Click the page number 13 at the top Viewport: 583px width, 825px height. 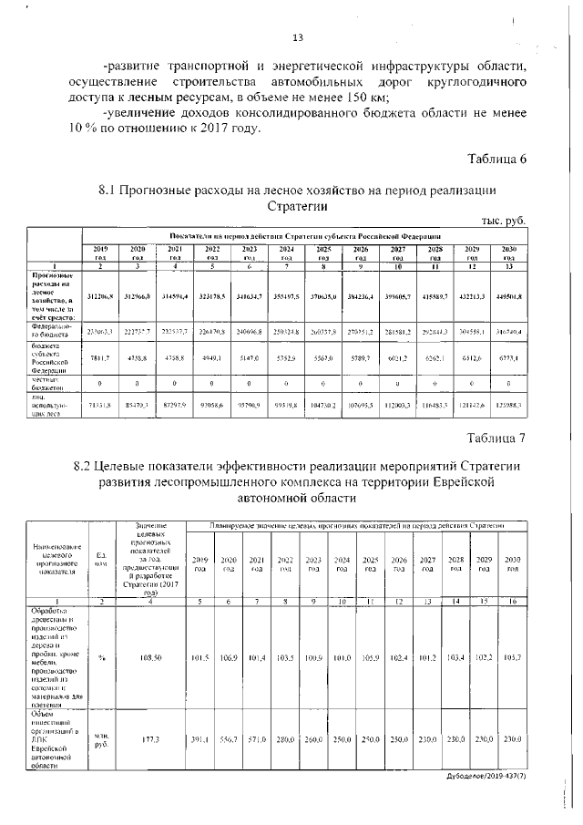[297, 38]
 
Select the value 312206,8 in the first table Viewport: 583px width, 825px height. [100, 297]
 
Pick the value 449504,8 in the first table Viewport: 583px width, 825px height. [509, 297]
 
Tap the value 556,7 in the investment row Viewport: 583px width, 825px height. [229, 739]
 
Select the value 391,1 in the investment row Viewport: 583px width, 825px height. [200, 739]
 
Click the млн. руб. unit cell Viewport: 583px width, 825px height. [101, 739]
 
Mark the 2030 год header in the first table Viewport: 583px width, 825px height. [509, 253]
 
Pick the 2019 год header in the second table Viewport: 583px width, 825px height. [200, 563]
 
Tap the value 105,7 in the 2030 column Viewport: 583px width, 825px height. [513, 655]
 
